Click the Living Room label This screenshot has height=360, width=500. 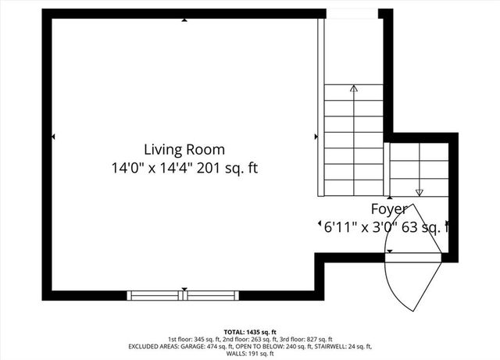coord(184,149)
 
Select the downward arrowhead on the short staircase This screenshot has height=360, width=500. coord(420,192)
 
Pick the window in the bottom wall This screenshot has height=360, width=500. coord(184,295)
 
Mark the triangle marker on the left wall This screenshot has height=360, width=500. coord(54,137)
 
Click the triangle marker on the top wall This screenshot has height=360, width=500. coord(184,20)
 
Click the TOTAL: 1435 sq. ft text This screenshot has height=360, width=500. coord(250,332)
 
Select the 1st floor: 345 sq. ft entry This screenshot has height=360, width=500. coord(191,339)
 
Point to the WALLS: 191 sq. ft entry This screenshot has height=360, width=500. coord(250,353)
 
